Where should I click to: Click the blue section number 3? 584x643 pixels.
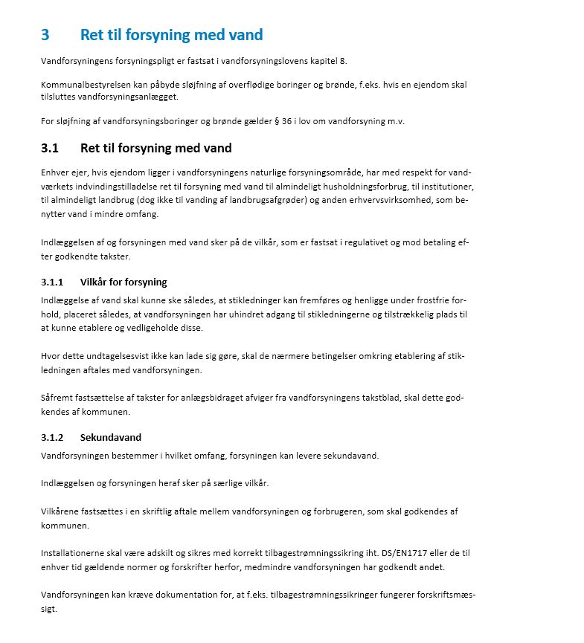pos(45,35)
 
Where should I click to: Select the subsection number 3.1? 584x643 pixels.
pos(50,148)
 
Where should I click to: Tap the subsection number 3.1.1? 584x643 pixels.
pos(52,282)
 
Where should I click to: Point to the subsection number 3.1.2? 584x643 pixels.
pos(52,437)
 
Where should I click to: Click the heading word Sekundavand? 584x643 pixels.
pos(111,437)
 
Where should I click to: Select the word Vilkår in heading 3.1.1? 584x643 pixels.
pos(94,282)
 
